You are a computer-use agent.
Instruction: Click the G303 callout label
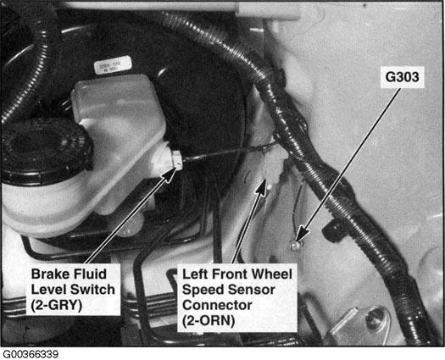click(x=402, y=77)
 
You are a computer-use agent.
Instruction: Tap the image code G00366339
click(x=31, y=354)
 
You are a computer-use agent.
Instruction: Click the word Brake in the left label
click(x=48, y=274)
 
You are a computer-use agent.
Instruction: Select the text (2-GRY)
click(x=57, y=306)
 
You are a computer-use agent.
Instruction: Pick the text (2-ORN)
click(x=209, y=321)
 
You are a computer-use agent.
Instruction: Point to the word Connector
click(x=217, y=305)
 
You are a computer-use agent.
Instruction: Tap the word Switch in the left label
click(x=92, y=290)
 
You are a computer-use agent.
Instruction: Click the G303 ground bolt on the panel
click(x=294, y=245)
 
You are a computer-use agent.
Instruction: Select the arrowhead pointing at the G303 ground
click(x=302, y=234)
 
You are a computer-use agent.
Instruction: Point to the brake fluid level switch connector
click(x=176, y=160)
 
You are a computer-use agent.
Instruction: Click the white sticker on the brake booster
click(x=113, y=65)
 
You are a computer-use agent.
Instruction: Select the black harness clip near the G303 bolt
click(x=333, y=230)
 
